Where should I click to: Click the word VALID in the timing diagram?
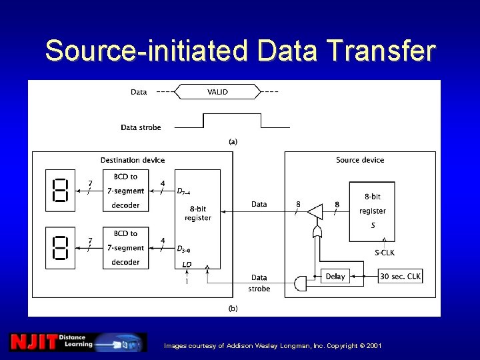pyautogui.click(x=217, y=92)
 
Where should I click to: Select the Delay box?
pyautogui.click(x=335, y=276)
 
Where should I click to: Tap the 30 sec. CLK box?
pyautogui.click(x=400, y=276)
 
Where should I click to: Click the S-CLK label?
pyautogui.click(x=385, y=252)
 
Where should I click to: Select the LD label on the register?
pyautogui.click(x=187, y=265)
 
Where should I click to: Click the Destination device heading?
pyautogui.click(x=133, y=160)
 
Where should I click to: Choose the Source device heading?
pyautogui.click(x=360, y=160)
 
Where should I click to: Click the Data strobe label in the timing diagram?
pyautogui.click(x=141, y=127)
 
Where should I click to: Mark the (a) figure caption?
pyautogui.click(x=233, y=141)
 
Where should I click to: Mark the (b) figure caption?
pyautogui.click(x=233, y=308)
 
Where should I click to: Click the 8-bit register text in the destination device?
pyautogui.click(x=197, y=213)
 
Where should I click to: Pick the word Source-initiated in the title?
pyautogui.click(x=146, y=51)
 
